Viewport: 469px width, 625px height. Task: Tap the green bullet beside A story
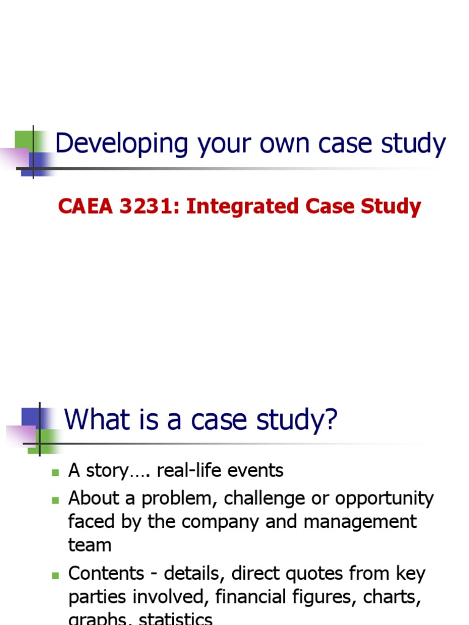tap(55, 472)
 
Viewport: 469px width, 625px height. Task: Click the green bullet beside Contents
tap(55, 575)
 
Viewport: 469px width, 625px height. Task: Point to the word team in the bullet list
tap(90, 545)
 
